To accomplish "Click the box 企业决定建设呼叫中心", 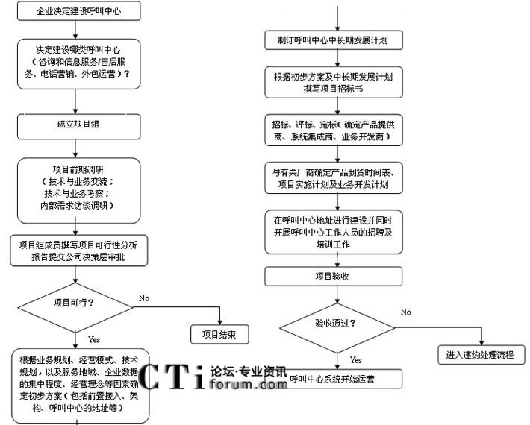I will pos(76,12).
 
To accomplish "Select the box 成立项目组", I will pos(76,124).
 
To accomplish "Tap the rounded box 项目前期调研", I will pos(76,192).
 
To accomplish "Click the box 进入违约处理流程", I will pos(480,355).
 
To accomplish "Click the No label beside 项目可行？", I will pos(144,298).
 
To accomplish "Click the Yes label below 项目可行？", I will pos(94,339).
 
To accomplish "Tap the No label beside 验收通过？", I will pos(405,312).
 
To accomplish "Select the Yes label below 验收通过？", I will pos(356,359).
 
